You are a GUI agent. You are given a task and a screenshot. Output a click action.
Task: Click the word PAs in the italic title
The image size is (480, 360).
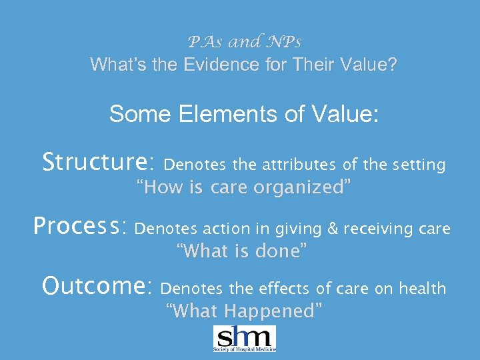(204, 43)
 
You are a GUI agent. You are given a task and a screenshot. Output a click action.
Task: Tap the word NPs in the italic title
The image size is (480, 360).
(283, 43)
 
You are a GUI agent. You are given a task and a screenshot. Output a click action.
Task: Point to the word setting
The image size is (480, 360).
(419, 165)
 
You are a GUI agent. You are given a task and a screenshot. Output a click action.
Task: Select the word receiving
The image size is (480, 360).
(376, 229)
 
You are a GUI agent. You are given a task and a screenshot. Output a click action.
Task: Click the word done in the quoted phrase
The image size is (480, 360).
(284, 251)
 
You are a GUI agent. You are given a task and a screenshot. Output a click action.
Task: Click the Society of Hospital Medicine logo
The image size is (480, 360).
(244, 339)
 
